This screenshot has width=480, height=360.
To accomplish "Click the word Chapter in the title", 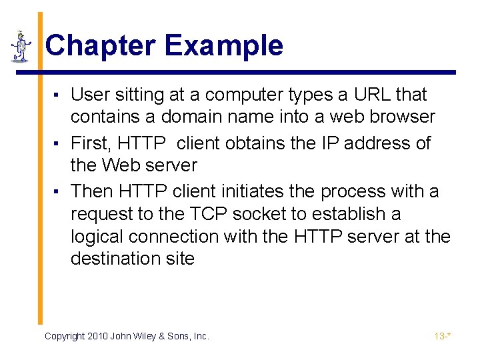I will click(x=100, y=45).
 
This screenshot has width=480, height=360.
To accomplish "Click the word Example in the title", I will click(x=223, y=45).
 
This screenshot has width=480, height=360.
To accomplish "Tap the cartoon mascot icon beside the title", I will click(x=21, y=46).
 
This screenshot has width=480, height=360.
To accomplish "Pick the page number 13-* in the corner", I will click(x=443, y=337).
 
